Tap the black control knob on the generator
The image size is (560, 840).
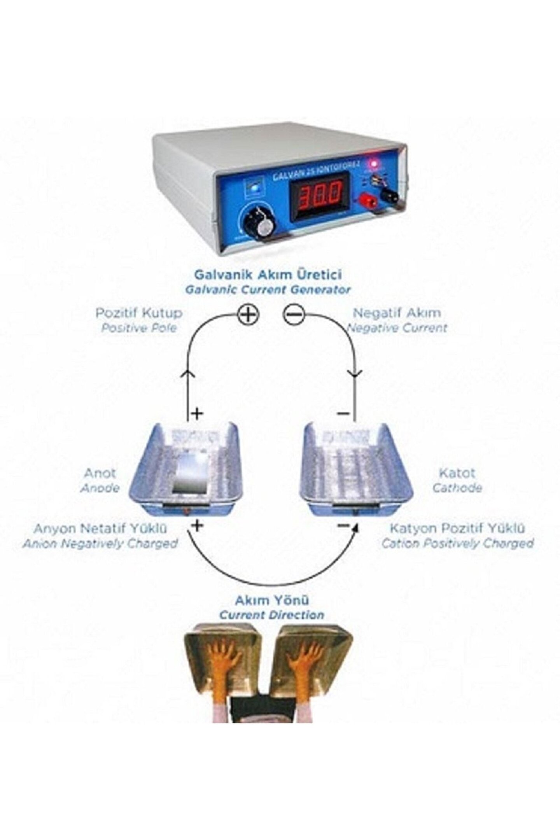(x=257, y=222)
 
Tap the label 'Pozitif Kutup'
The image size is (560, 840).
(x=139, y=313)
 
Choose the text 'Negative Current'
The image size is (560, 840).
(x=396, y=328)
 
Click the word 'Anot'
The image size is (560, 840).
(x=100, y=473)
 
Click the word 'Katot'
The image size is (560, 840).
(x=457, y=473)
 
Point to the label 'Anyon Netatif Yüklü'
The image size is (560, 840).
(x=100, y=528)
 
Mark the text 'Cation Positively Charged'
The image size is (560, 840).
(x=457, y=543)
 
